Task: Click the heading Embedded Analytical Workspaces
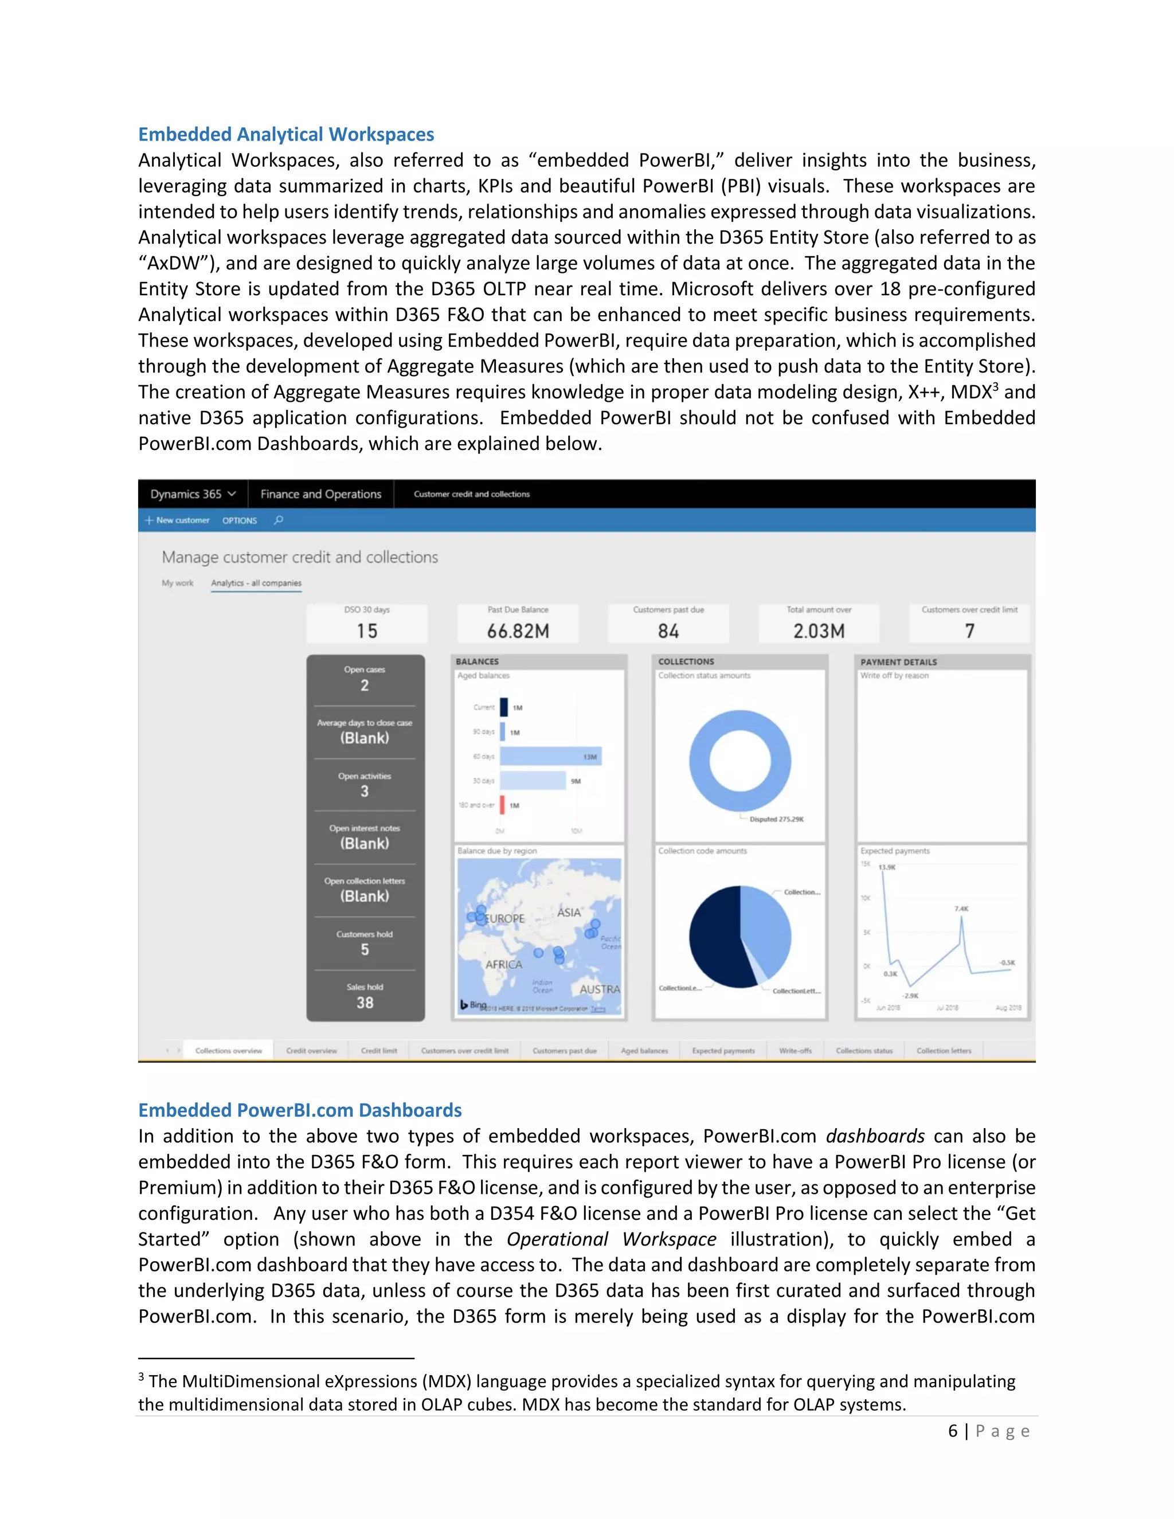(286, 134)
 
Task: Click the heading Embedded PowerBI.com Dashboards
(300, 1110)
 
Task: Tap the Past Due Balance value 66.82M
(518, 631)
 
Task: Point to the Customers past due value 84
(668, 631)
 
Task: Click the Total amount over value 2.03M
(819, 631)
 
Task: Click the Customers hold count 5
(365, 949)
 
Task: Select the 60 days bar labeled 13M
(550, 756)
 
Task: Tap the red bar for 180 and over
(502, 805)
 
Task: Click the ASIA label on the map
(568, 913)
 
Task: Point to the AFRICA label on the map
(503, 965)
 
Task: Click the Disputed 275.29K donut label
(776, 819)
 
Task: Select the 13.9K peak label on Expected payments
(887, 867)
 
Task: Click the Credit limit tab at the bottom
(379, 1051)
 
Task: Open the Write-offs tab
(795, 1051)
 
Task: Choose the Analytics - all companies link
(256, 583)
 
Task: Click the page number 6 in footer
(953, 1431)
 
